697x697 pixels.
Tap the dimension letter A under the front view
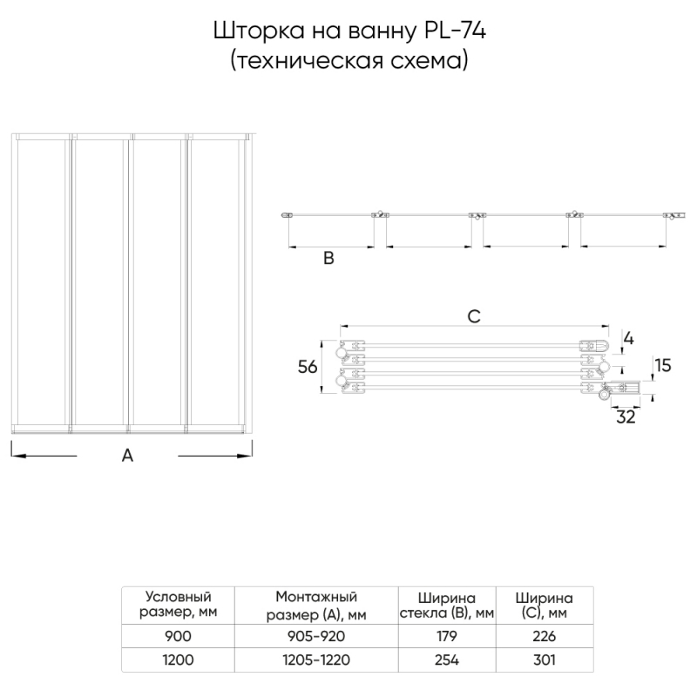tap(127, 455)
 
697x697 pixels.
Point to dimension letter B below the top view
tap(328, 258)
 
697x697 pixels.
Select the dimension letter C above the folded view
tap(473, 317)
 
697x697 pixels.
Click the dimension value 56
tap(307, 368)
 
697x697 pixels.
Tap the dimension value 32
tap(626, 417)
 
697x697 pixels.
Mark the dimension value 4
tap(629, 337)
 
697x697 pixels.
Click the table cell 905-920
tap(316, 637)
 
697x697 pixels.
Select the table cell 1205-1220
tap(316, 660)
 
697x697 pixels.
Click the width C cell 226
tap(543, 637)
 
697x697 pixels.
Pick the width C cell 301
tap(543, 660)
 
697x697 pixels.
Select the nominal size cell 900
tap(178, 637)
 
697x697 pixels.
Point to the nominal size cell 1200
tap(178, 660)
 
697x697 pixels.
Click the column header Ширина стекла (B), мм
tap(447, 606)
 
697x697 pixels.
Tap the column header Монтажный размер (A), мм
tap(316, 606)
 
